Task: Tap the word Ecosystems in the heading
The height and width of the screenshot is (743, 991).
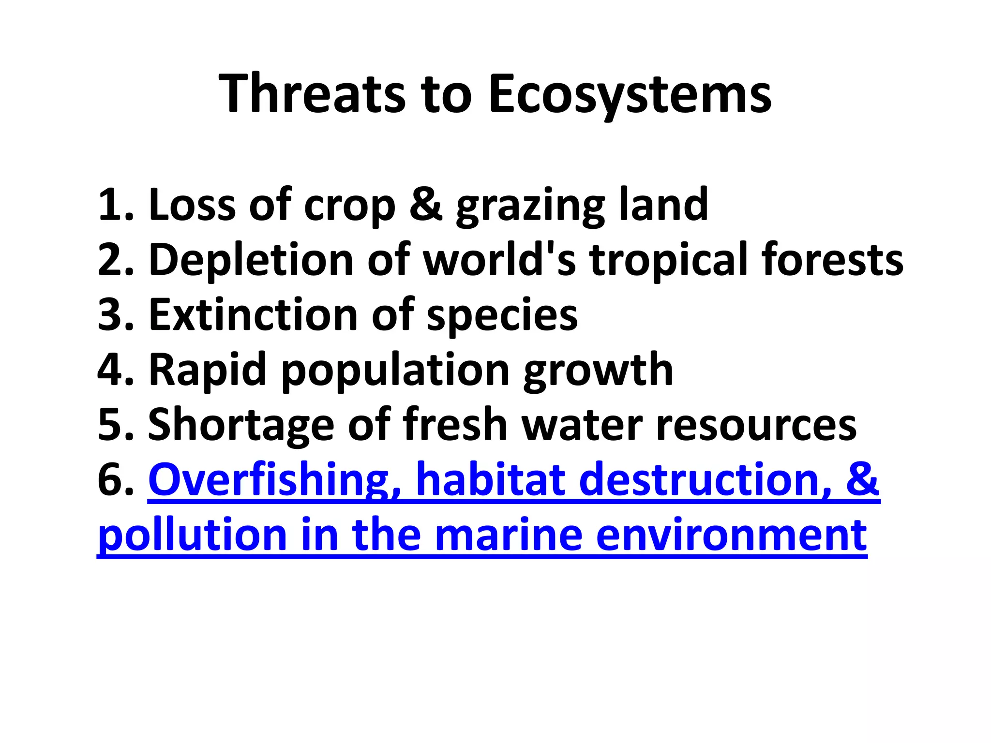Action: click(630, 94)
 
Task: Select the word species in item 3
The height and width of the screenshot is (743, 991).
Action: click(502, 317)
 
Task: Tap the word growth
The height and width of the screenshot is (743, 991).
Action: click(598, 371)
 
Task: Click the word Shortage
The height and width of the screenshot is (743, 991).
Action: click(241, 426)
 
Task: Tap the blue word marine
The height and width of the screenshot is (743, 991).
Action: click(509, 536)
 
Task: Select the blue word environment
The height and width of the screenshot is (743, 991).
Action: click(731, 536)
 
